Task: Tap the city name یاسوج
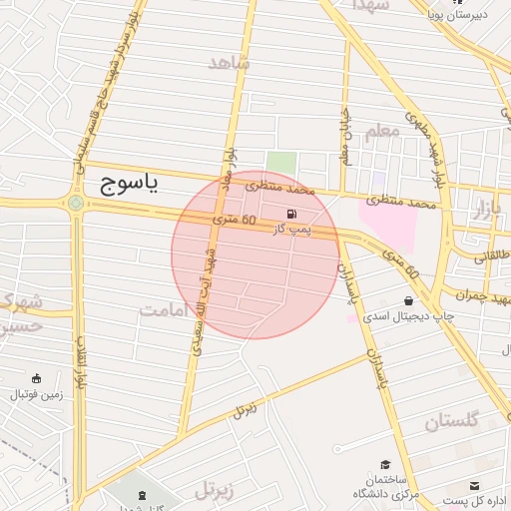click(131, 184)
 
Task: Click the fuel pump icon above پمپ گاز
click(291, 214)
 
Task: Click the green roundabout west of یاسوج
click(76, 204)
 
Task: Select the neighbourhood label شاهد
click(230, 64)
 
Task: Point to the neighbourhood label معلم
click(382, 131)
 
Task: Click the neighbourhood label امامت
click(164, 310)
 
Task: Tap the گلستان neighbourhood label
click(452, 420)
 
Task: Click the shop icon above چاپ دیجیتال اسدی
click(408, 300)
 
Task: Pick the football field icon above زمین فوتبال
click(37, 378)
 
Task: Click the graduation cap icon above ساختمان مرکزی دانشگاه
click(385, 465)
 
